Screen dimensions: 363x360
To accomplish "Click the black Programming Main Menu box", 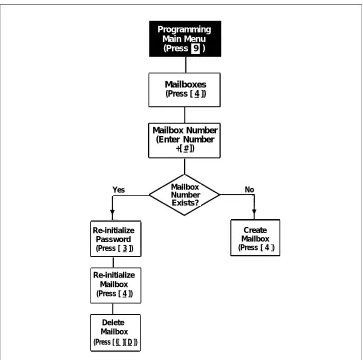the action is pyautogui.click(x=185, y=39).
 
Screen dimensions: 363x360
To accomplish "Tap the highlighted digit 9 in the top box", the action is pyautogui.click(x=196, y=48).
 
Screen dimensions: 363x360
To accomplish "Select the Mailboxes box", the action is pyautogui.click(x=184, y=90).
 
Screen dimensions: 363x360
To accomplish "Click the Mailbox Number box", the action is pyautogui.click(x=184, y=140).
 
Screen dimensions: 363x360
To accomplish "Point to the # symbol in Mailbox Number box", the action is pyautogui.click(x=187, y=149).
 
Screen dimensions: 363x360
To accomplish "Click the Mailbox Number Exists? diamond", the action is pyautogui.click(x=184, y=195).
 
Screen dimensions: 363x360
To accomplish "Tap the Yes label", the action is pyautogui.click(x=119, y=190).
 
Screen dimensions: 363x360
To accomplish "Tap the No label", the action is pyautogui.click(x=249, y=189).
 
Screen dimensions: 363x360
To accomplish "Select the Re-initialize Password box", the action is pyautogui.click(x=115, y=239).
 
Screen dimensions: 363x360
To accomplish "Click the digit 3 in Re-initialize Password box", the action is pyautogui.click(x=125, y=248).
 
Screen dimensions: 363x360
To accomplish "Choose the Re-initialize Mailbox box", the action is pyautogui.click(x=115, y=285).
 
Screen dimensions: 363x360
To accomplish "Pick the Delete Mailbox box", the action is pyautogui.click(x=115, y=333).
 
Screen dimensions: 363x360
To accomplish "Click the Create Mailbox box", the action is pyautogui.click(x=255, y=238).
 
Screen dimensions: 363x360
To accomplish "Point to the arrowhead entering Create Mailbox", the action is pyautogui.click(x=254, y=212).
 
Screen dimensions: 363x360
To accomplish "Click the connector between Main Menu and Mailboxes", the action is pyautogui.click(x=185, y=65).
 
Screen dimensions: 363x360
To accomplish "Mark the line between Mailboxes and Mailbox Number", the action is pyautogui.click(x=184, y=115).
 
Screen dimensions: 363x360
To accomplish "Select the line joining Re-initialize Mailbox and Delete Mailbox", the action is pyautogui.click(x=112, y=309).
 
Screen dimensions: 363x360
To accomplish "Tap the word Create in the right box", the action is pyautogui.click(x=255, y=230).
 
